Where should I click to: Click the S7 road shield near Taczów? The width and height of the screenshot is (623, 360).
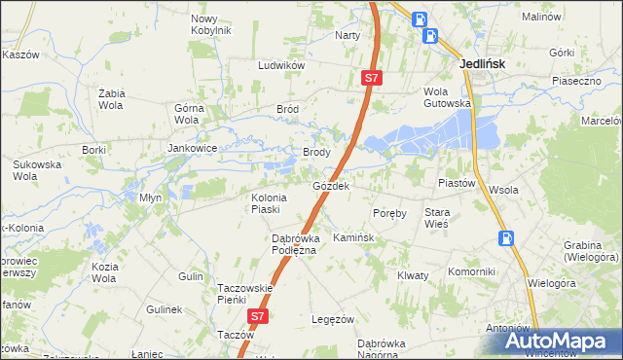pyautogui.click(x=257, y=317)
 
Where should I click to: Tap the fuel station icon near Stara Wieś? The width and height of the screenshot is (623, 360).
pyautogui.click(x=505, y=238)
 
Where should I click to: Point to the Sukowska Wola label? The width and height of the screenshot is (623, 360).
pyautogui.click(x=36, y=171)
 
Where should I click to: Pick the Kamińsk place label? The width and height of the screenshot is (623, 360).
pyautogui.click(x=352, y=237)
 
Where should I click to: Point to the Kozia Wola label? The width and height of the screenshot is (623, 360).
pyautogui.click(x=105, y=271)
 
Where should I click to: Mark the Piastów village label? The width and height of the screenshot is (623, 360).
pyautogui.click(x=456, y=182)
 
